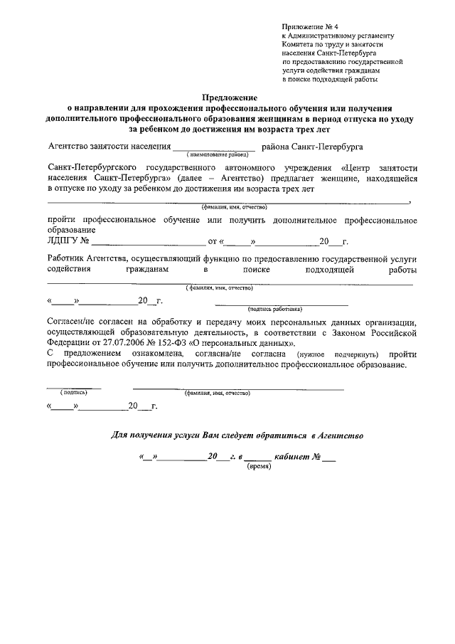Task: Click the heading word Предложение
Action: pos(230,97)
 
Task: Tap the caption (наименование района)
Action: pos(217,154)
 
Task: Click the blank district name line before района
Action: pos(216,147)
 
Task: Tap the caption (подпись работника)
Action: pos(274,310)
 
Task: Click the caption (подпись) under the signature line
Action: pos(73,392)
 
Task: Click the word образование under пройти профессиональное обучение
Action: pos(70,230)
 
